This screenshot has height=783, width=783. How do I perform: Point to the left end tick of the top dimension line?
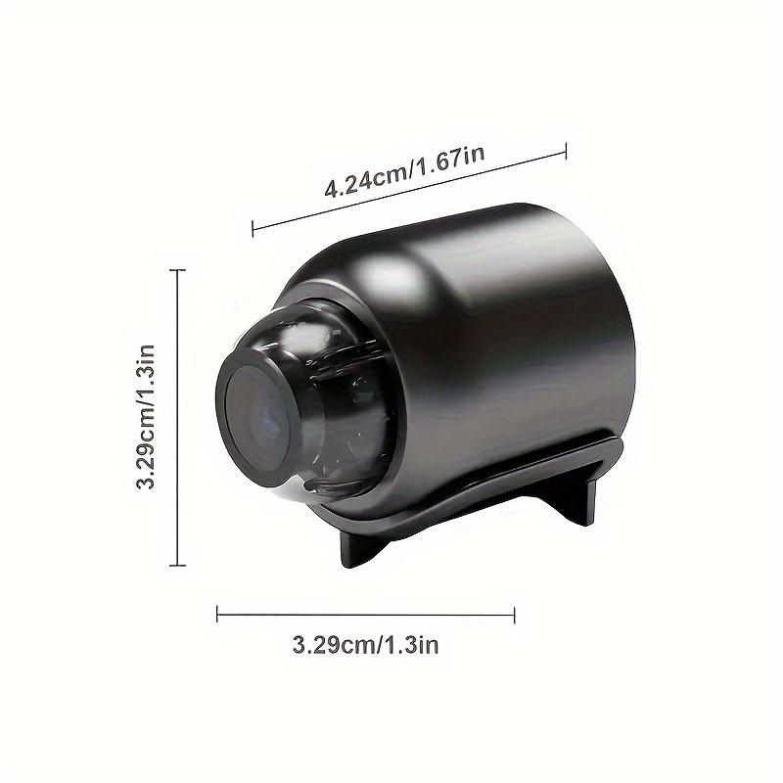click(253, 230)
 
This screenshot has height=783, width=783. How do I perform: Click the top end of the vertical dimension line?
click(177, 272)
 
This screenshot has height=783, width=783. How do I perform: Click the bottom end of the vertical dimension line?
click(177, 565)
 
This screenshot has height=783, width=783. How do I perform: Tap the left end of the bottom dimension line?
click(217, 615)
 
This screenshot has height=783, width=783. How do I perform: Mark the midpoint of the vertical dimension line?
click(177, 418)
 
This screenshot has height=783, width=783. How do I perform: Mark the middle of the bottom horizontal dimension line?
click(365, 615)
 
